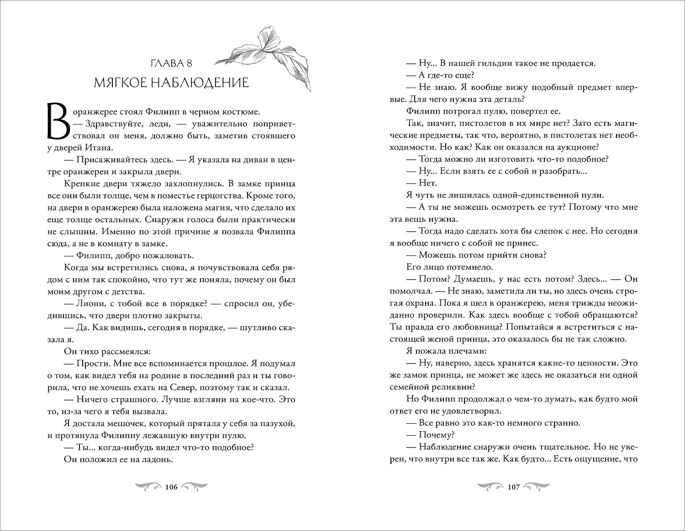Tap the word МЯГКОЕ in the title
coord(121,83)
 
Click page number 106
coord(171,487)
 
